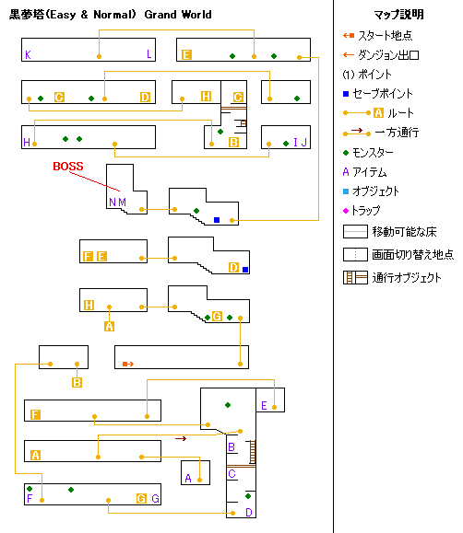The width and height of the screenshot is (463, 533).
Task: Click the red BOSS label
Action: [x=68, y=167]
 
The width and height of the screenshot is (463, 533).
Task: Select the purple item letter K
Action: [x=28, y=54]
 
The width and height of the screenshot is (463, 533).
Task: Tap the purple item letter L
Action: [x=148, y=54]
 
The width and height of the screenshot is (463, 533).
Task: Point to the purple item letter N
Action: [x=113, y=203]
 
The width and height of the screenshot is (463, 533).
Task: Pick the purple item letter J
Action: [x=303, y=142]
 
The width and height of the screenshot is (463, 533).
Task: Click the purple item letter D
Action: [x=249, y=512]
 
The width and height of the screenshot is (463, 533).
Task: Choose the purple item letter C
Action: [x=231, y=473]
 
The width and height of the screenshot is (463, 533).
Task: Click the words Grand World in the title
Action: [x=178, y=15]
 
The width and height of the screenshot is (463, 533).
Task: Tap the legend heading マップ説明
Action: [x=398, y=15]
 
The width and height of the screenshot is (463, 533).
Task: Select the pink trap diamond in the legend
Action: [x=346, y=211]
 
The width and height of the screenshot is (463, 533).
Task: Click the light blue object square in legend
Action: [x=346, y=191]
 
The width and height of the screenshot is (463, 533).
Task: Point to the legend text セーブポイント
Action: [x=382, y=94]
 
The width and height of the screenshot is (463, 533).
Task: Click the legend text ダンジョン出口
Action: [x=388, y=54]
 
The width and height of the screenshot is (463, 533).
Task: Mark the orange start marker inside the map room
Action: [x=128, y=364]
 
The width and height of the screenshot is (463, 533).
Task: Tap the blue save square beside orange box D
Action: [x=245, y=270]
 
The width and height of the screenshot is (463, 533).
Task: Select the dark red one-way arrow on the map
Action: [x=181, y=439]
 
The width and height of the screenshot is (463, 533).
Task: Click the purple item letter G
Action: [x=155, y=499]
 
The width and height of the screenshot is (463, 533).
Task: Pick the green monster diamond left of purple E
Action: [x=228, y=405]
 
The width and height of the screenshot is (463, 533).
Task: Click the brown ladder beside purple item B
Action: [x=253, y=452]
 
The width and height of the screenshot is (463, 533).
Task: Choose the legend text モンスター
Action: [x=373, y=153]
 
